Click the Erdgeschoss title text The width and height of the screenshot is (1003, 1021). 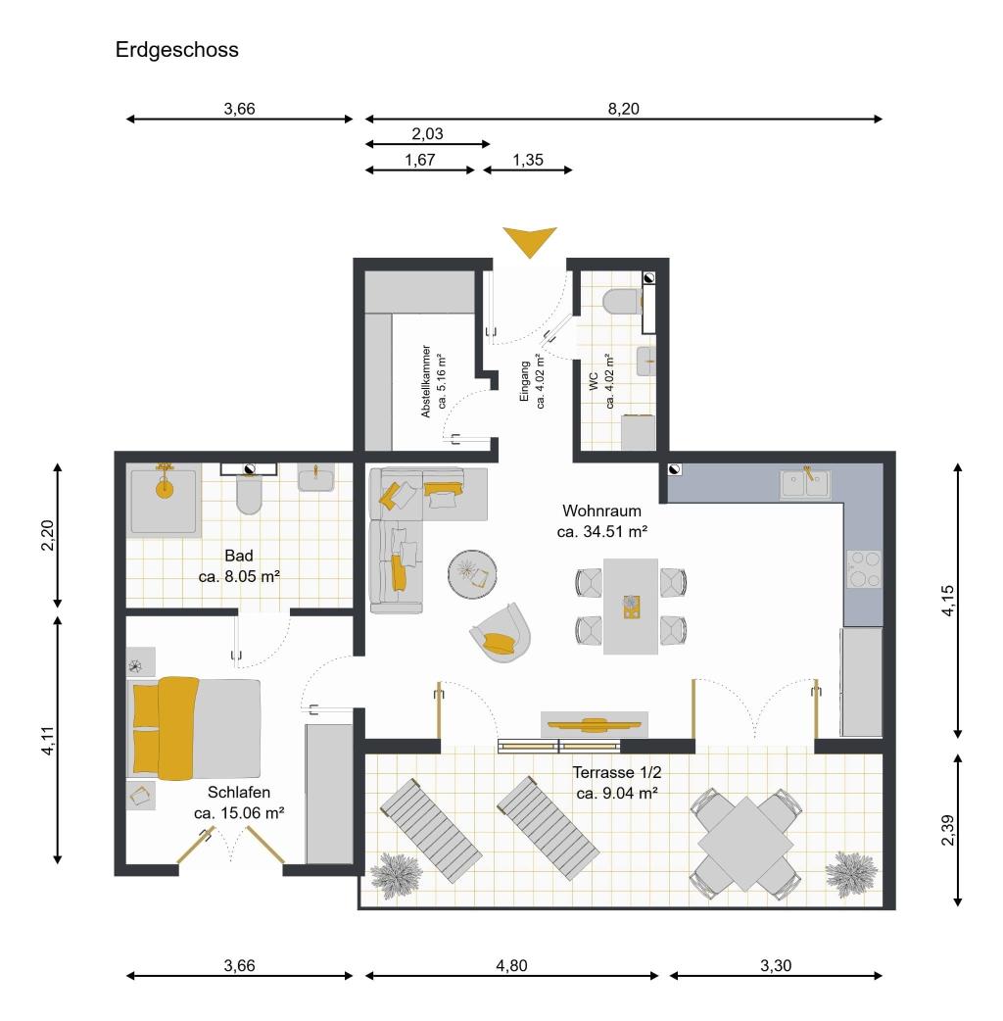[x=177, y=50]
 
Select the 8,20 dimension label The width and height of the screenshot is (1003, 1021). [x=623, y=109]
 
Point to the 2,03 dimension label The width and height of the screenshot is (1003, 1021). [x=427, y=133]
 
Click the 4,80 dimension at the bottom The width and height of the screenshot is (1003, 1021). [x=511, y=965]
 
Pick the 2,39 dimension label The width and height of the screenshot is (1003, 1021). [x=948, y=830]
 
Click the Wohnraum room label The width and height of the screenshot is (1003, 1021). [x=602, y=510]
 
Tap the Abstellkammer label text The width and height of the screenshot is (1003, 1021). [x=426, y=381]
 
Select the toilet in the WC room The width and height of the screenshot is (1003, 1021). [x=622, y=302]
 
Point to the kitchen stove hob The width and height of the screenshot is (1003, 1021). [x=863, y=569]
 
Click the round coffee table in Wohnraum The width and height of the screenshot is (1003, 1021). [x=472, y=573]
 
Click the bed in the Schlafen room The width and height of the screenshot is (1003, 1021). [x=195, y=728]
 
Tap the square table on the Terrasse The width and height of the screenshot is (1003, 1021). [x=745, y=844]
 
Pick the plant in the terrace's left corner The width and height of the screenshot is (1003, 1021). [x=395, y=876]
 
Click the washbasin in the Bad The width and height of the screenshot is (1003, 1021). [x=316, y=477]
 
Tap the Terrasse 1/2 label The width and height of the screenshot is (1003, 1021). [x=616, y=772]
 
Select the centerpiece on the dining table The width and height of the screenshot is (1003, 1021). [x=631, y=607]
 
